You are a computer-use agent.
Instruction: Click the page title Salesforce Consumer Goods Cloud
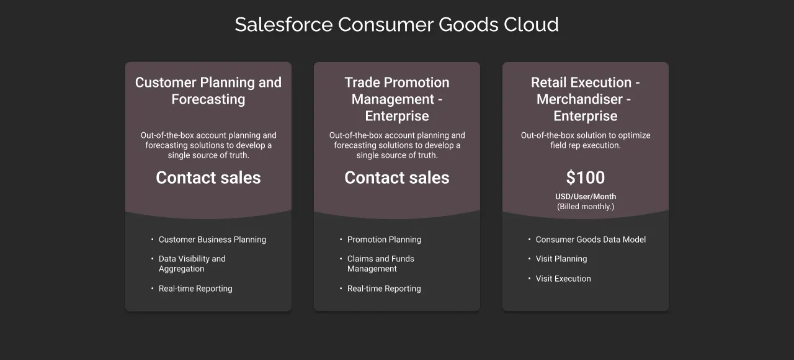coord(396,25)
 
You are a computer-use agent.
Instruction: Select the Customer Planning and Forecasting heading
coord(208,91)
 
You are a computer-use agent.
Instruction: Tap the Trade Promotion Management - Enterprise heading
coord(397,99)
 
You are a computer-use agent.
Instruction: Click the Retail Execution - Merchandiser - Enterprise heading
coord(586,99)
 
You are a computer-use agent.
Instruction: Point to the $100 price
coord(586,178)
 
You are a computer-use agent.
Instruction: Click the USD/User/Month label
coord(586,197)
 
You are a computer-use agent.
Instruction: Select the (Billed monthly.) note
coord(586,207)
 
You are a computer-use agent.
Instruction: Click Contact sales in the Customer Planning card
coord(208,178)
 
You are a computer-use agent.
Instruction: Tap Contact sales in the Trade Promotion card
coord(397,178)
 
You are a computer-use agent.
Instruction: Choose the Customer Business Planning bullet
coord(212,240)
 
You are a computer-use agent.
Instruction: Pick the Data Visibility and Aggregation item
coord(192,264)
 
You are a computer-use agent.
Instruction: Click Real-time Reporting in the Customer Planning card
coord(195,289)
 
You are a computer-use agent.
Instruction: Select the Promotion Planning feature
coord(384,240)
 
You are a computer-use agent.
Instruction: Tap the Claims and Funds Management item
coord(380,264)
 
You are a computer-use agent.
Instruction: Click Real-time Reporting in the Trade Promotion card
coord(384,289)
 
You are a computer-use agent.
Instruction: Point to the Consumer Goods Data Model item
coord(591,240)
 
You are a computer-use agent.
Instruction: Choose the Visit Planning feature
coord(561,259)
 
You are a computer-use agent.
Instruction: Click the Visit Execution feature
coord(563,279)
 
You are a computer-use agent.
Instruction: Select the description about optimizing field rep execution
coord(586,140)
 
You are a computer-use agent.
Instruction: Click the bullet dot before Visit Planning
coord(529,259)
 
